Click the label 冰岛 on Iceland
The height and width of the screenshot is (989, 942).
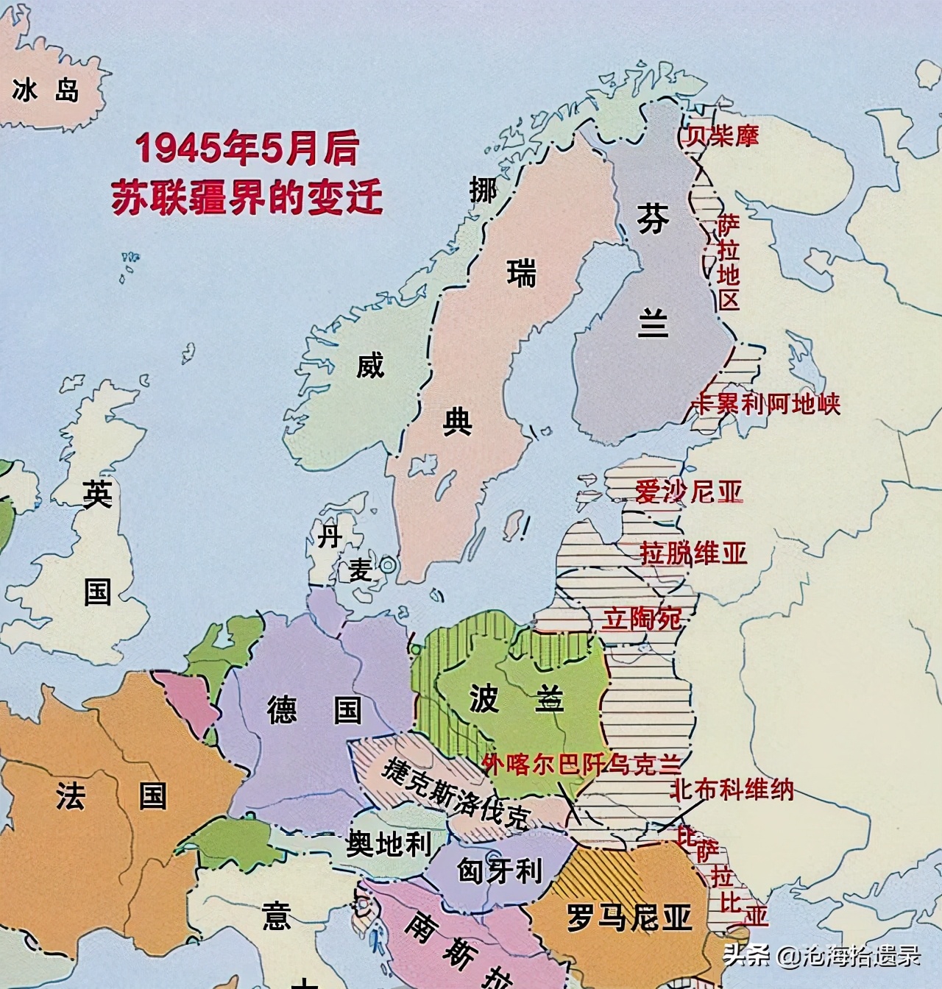point(46,91)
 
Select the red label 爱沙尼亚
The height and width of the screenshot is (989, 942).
point(689,491)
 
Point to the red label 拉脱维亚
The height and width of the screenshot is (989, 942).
point(693,552)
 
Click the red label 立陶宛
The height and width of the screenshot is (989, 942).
point(642,618)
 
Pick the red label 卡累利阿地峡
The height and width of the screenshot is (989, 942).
point(766,403)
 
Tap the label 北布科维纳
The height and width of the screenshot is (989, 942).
point(732,790)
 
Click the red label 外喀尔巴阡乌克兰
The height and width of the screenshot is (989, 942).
point(582,765)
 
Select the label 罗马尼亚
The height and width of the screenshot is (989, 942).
point(629,918)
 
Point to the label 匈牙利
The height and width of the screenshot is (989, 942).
point(500,871)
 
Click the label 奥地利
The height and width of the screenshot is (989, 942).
point(388,843)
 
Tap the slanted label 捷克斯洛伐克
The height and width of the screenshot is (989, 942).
point(456,792)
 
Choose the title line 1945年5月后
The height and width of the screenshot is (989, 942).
point(247,149)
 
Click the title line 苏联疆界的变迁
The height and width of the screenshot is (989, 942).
point(247,195)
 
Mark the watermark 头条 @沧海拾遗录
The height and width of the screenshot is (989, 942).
point(821,956)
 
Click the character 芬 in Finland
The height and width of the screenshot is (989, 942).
point(653,219)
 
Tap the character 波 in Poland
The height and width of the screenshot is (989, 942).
point(484,698)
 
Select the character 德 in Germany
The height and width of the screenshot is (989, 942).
point(282,710)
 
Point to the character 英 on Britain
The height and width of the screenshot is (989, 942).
point(97,494)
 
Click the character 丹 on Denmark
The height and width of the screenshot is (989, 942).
point(329,536)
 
